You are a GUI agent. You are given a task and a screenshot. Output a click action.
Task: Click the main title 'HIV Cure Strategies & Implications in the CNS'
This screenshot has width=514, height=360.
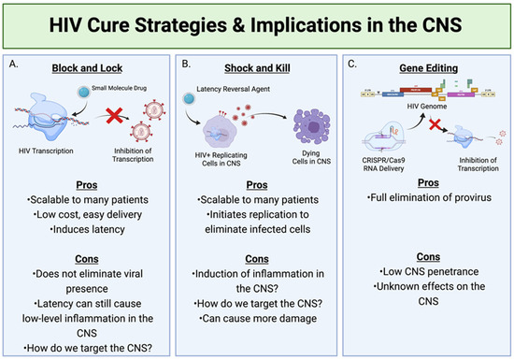point(257,26)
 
